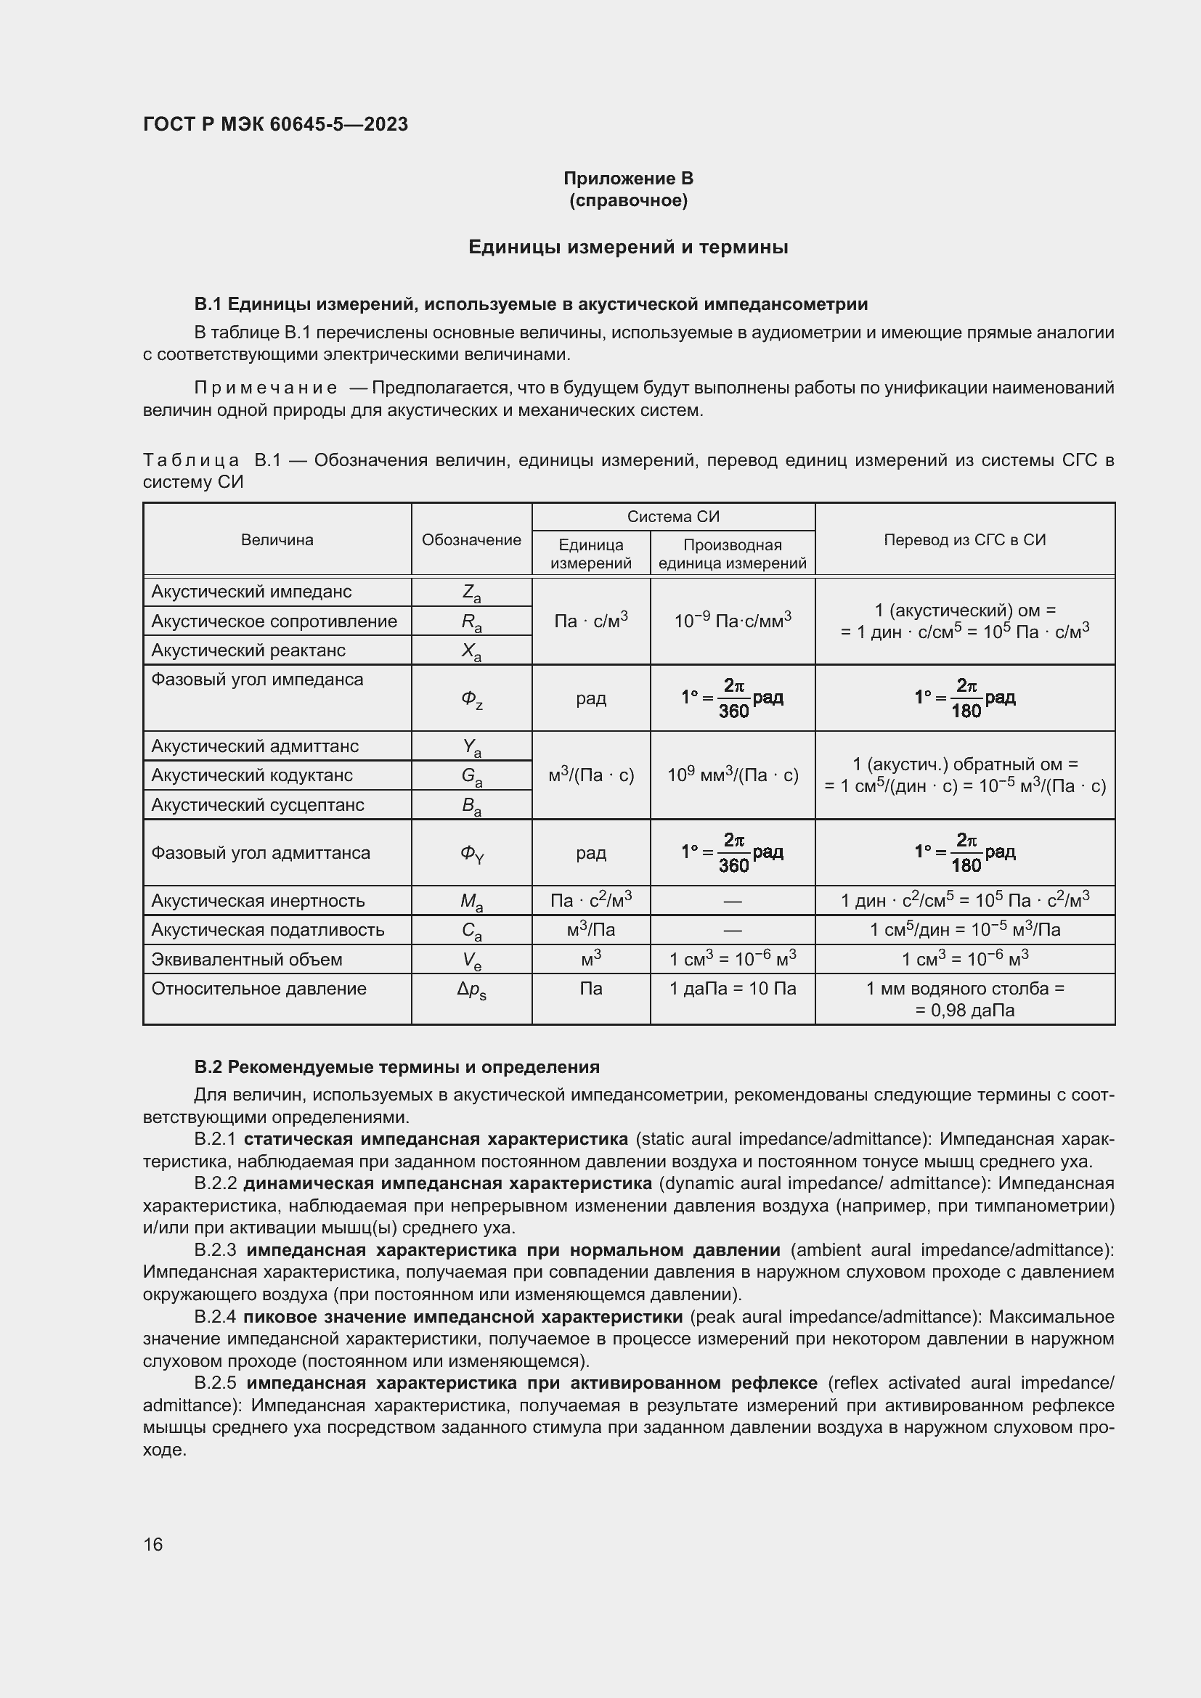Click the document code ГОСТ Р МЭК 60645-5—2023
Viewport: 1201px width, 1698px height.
275,124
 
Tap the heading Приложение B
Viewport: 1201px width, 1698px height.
628,179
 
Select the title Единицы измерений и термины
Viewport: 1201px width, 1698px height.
628,247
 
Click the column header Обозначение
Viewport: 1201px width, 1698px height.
471,540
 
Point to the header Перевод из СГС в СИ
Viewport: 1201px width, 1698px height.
964,540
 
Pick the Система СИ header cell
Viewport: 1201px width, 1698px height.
673,517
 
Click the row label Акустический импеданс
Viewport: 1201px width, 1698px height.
251,592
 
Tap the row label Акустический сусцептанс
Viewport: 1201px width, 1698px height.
257,804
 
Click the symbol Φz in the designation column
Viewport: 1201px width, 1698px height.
472,698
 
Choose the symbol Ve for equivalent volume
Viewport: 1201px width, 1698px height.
472,960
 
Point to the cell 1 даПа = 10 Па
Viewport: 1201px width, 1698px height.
732,989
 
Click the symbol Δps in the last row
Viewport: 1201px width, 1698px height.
472,990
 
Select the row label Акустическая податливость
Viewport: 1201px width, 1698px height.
268,930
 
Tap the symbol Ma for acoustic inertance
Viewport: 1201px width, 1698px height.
472,902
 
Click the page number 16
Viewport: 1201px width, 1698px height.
153,1544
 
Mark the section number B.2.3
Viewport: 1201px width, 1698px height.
215,1251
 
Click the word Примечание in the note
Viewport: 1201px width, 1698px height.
266,388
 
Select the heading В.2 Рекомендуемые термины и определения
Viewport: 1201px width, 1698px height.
396,1067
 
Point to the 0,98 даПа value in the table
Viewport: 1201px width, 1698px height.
964,1011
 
